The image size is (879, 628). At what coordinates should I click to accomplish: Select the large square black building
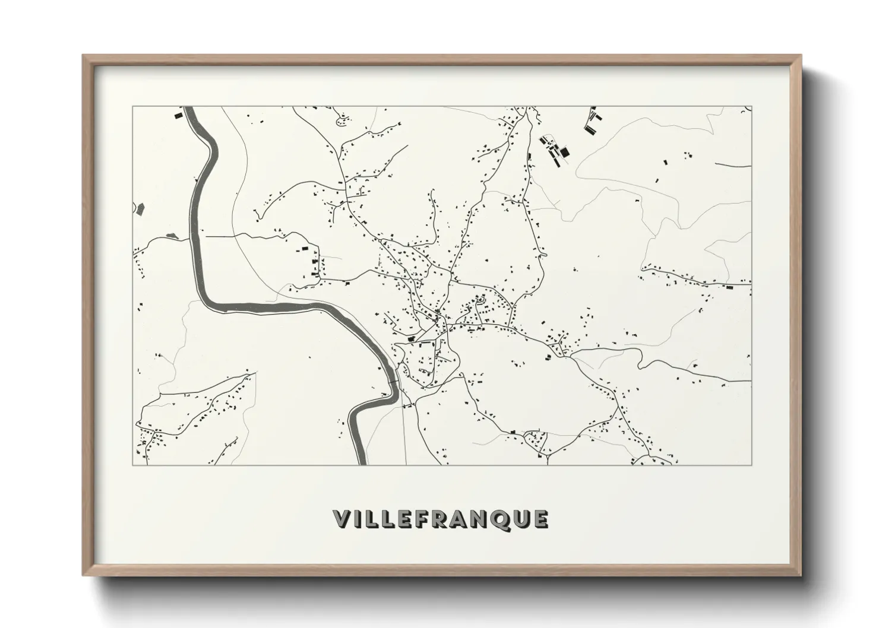(565, 153)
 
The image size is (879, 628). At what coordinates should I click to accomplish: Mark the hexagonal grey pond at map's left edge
(140, 208)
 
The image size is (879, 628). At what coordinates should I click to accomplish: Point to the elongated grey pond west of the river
(172, 236)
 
